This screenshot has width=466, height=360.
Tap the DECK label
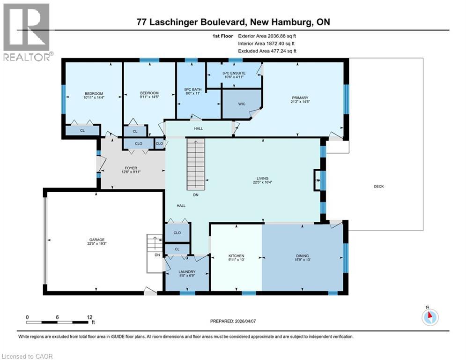[x=379, y=186]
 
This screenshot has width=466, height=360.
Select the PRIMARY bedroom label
[x=299, y=97]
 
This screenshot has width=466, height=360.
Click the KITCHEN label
[x=237, y=255]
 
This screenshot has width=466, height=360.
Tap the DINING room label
[x=302, y=255]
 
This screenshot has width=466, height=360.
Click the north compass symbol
[x=429, y=317]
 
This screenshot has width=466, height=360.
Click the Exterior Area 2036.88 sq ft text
[x=267, y=36]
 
